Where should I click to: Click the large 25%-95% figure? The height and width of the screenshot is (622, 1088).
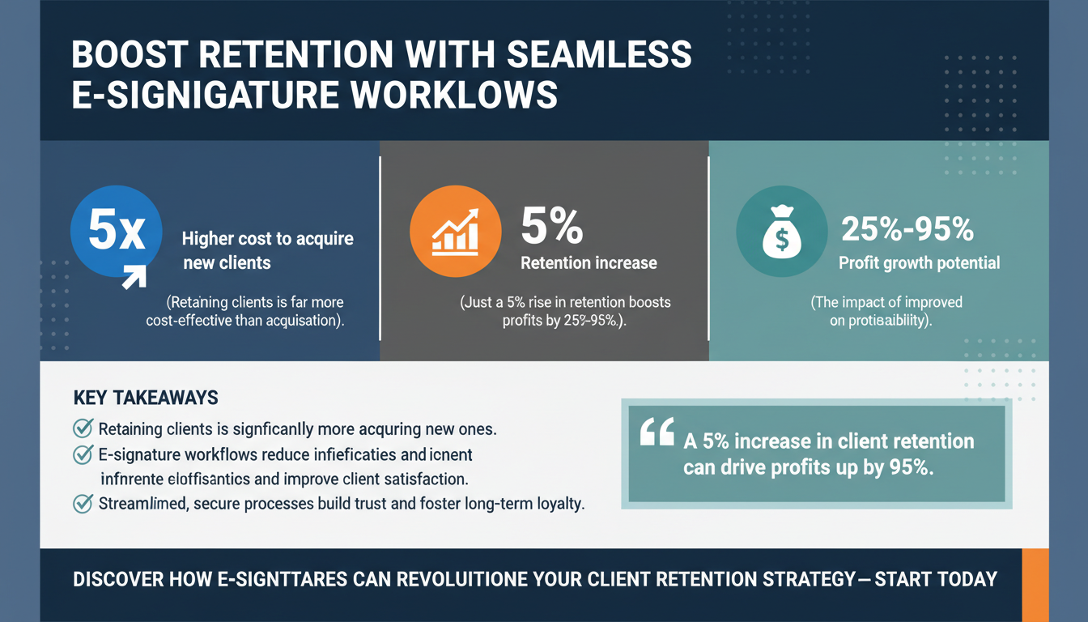tap(907, 231)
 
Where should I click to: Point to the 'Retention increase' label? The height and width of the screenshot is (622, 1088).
tap(589, 263)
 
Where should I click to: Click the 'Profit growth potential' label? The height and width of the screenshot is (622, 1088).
tap(919, 262)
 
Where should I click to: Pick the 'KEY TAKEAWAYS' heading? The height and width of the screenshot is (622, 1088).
tap(146, 398)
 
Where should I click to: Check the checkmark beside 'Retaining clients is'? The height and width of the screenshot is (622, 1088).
tap(83, 428)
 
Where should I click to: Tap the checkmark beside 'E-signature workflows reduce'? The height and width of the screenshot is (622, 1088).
tap(83, 454)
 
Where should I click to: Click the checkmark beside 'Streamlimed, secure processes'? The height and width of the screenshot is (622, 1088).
tap(83, 503)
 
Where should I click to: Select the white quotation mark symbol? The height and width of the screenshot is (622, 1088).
tap(657, 434)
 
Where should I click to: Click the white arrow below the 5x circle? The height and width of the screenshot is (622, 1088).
tap(133, 276)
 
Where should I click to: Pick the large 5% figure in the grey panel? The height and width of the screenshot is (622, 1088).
tap(551, 228)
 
